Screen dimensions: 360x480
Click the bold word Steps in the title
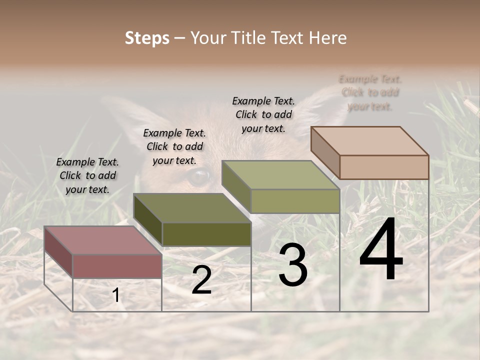point(147,38)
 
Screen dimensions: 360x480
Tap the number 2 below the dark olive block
point(201,280)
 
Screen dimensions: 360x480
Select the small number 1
point(116,295)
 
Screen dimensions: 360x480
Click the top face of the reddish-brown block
point(102,240)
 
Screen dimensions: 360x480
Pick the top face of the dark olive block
point(191,208)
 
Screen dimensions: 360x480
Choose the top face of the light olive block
point(280,175)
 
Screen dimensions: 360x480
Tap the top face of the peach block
point(369,140)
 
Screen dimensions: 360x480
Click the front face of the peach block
point(384,167)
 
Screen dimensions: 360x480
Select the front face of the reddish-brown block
point(117,266)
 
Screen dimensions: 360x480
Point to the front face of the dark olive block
point(206,234)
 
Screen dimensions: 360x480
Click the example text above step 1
point(87,175)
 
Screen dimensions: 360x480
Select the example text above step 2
point(174,146)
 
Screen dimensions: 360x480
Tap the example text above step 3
point(263,114)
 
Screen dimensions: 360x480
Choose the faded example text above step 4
point(370,92)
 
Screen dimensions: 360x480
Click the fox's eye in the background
point(199,177)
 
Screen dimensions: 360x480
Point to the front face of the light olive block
point(295,201)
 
